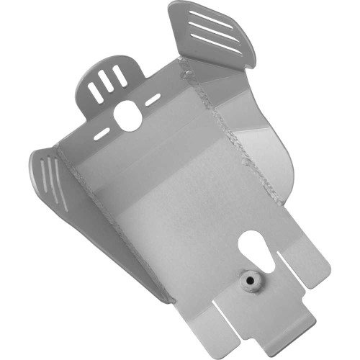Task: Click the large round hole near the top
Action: pyautogui.click(x=127, y=115)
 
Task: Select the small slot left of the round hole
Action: pyautogui.click(x=101, y=135)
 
